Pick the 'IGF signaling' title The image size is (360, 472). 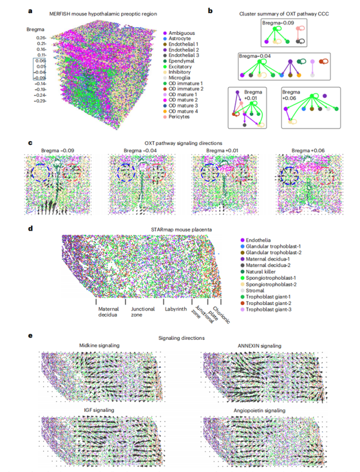pyautogui.click(x=98, y=410)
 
